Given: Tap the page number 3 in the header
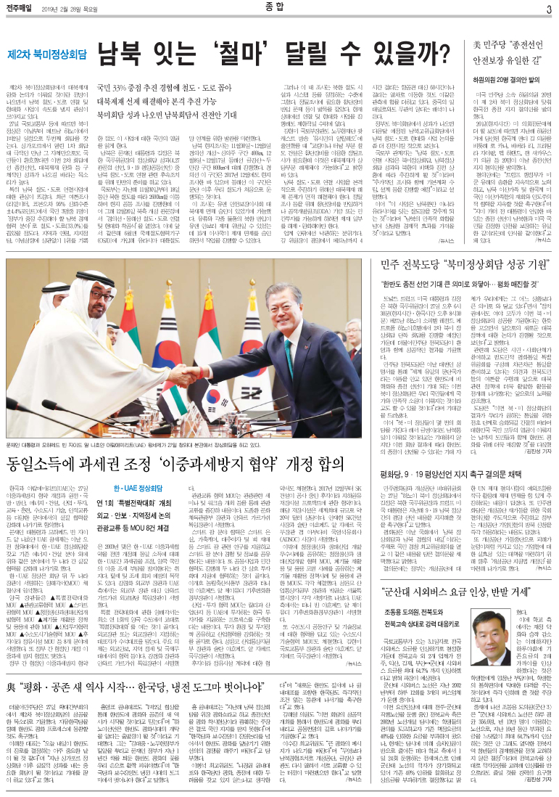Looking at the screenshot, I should tap(549, 9).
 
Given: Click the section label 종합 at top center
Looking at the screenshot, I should tap(279, 8).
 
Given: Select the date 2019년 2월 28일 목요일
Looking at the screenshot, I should tap(77, 9).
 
